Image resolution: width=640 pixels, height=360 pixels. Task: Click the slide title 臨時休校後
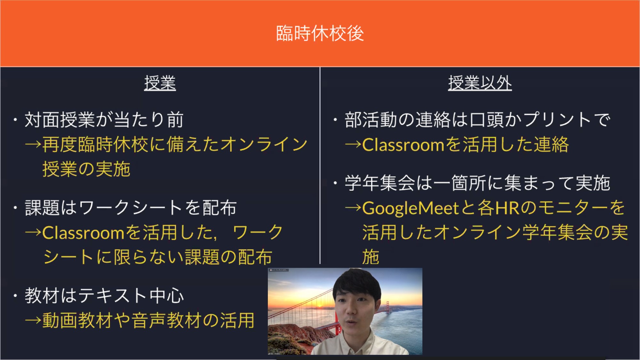coord(320,33)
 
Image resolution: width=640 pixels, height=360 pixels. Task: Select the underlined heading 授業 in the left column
coord(160,83)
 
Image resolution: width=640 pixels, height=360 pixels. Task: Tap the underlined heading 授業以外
coord(480,83)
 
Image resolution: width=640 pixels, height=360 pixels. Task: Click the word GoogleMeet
coord(411,208)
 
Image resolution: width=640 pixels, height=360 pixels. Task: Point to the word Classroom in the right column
coord(403,145)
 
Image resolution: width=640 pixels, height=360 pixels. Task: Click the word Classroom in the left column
coord(83,233)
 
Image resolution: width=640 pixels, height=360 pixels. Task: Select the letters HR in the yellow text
coord(507,208)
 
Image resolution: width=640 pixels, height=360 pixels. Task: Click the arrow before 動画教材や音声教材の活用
coord(33,320)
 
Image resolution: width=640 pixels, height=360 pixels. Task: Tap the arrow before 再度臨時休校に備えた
coord(33,145)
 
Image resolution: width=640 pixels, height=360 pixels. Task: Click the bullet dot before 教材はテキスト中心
coord(15,296)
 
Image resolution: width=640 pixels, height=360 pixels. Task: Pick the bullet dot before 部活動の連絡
coord(335,120)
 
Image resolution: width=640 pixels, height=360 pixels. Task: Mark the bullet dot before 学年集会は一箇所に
coord(335,183)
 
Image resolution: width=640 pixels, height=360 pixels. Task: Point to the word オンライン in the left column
coord(264,145)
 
